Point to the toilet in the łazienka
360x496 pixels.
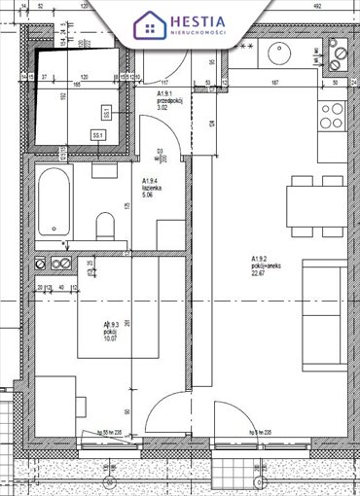point(106,226)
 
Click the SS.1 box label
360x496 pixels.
point(97,134)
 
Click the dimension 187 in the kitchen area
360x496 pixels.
point(275,83)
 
